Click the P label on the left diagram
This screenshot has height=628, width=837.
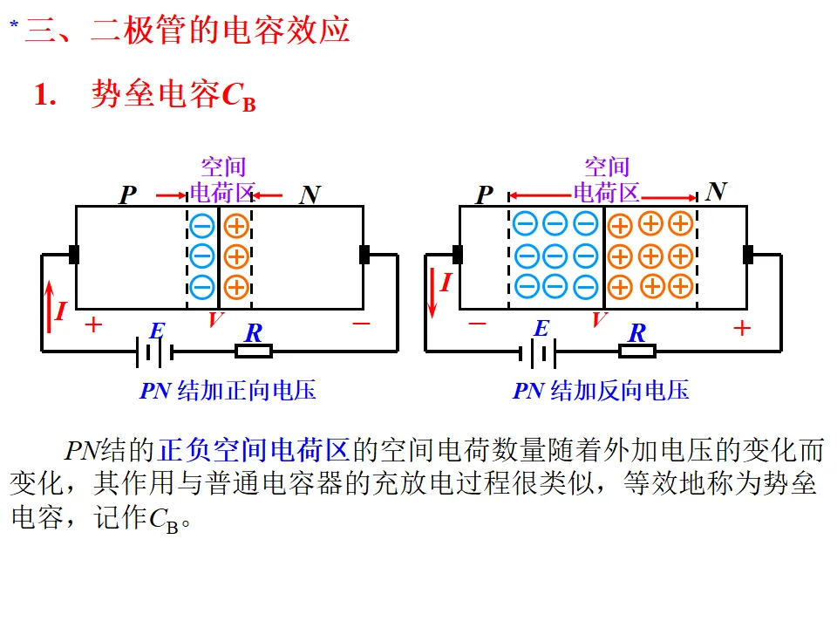pyautogui.click(x=128, y=195)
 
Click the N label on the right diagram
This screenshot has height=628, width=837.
pyautogui.click(x=717, y=192)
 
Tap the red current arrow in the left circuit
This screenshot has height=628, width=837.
pyautogui.click(x=49, y=304)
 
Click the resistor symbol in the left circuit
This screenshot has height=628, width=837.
pyautogui.click(x=254, y=352)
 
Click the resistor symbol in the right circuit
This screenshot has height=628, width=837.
pyautogui.click(x=637, y=352)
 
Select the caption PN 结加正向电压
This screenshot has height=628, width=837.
pyautogui.click(x=228, y=391)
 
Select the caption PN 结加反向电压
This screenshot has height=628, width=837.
pyautogui.click(x=601, y=391)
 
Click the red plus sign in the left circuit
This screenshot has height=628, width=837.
pyautogui.click(x=92, y=326)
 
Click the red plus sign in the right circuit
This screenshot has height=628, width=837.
pyautogui.click(x=741, y=328)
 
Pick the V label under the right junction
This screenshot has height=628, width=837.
pyautogui.click(x=599, y=320)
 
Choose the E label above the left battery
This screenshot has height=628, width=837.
pyautogui.click(x=157, y=331)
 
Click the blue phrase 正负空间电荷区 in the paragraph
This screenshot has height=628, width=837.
pyautogui.click(x=254, y=450)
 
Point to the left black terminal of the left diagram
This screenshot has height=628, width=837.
pyautogui.click(x=74, y=255)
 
